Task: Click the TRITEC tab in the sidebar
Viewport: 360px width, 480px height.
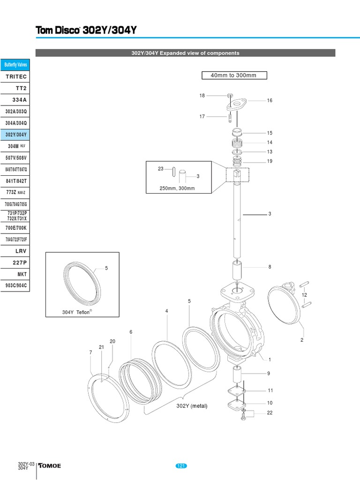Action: point(16,76)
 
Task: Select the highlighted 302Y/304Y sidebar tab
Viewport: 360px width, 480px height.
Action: point(16,135)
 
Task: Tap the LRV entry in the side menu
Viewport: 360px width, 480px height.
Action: point(16,251)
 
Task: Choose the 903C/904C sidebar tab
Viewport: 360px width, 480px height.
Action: point(16,285)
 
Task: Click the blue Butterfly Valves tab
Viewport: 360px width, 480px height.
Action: point(16,65)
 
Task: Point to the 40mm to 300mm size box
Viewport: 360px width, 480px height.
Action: point(234,75)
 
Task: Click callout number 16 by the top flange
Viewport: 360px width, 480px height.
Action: point(270,101)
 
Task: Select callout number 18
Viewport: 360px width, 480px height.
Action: point(202,96)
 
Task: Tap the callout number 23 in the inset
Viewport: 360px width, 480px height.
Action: point(160,169)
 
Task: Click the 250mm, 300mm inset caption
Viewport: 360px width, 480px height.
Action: point(177,188)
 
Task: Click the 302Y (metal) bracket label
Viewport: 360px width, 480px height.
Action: point(192,406)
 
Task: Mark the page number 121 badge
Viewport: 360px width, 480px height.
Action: point(181,465)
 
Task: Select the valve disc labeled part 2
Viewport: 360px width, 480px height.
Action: point(285,305)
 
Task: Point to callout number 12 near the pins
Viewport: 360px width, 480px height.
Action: point(304,295)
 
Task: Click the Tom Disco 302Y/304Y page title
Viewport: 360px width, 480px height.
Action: point(86,31)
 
